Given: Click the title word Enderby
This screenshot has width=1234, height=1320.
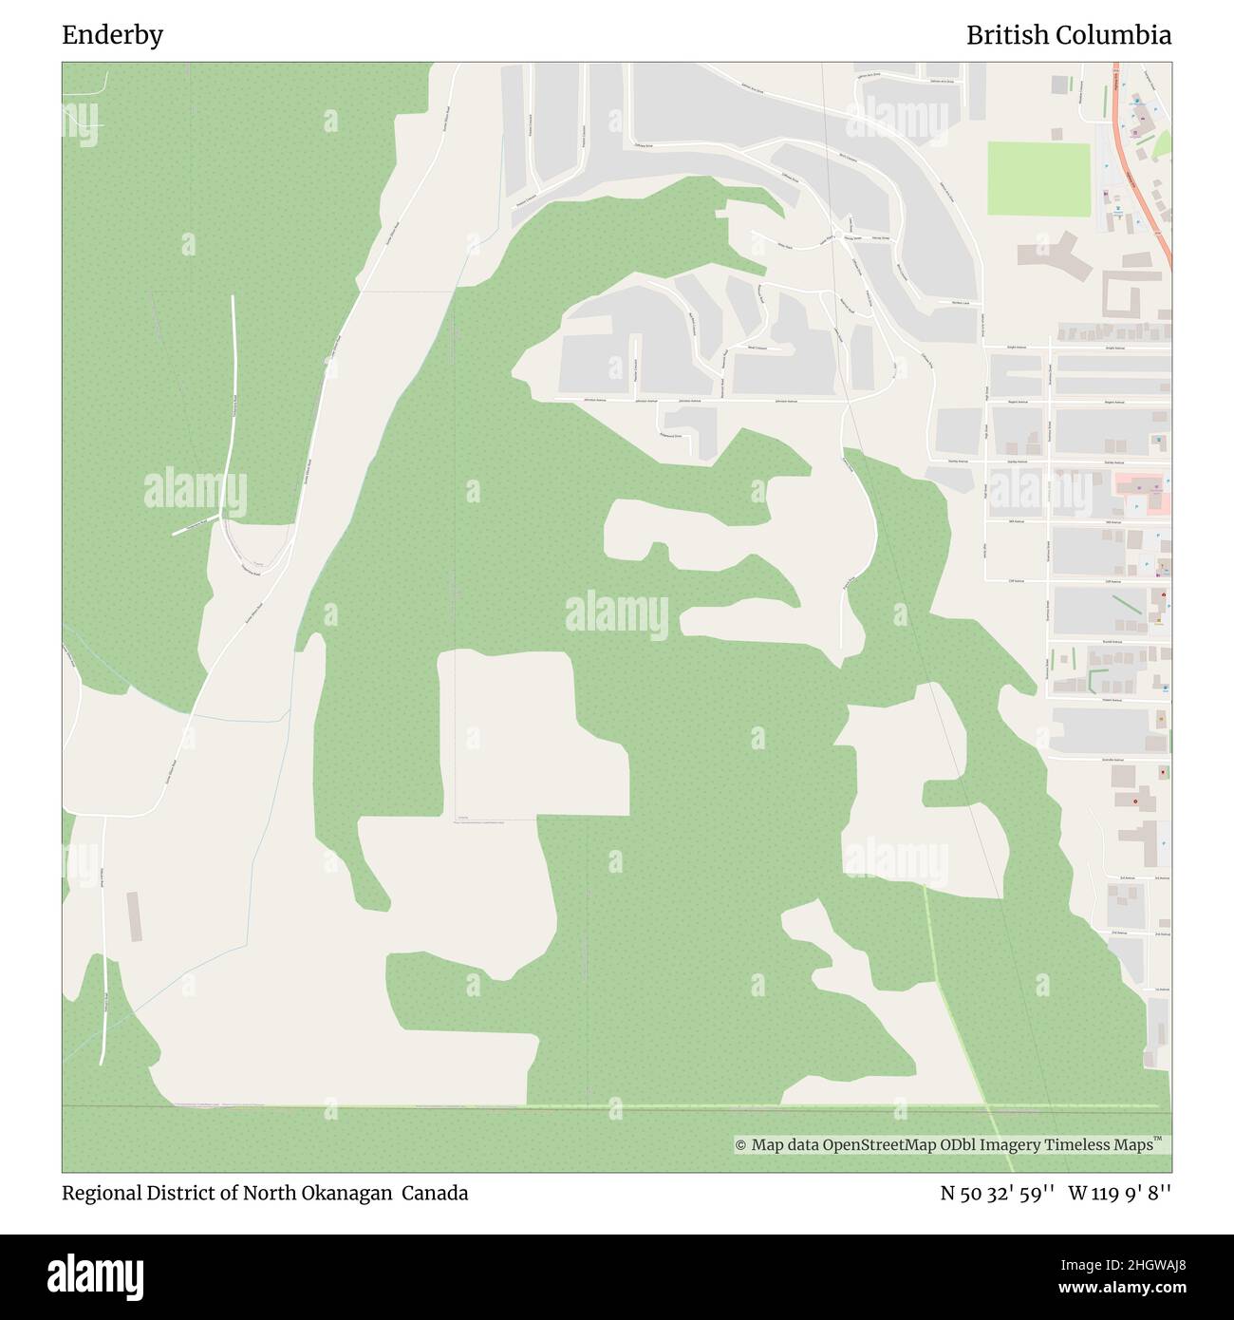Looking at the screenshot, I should [112, 35].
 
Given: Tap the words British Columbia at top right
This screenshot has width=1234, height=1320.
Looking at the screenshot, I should [1068, 35].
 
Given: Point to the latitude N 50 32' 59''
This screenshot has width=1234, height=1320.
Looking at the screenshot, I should [996, 1193].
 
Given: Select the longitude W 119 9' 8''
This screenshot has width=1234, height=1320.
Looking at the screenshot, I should [1119, 1193].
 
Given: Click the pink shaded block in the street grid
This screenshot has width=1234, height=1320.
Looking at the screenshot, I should [1142, 494].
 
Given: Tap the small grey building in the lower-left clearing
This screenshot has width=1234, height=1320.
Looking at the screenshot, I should [134, 916].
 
